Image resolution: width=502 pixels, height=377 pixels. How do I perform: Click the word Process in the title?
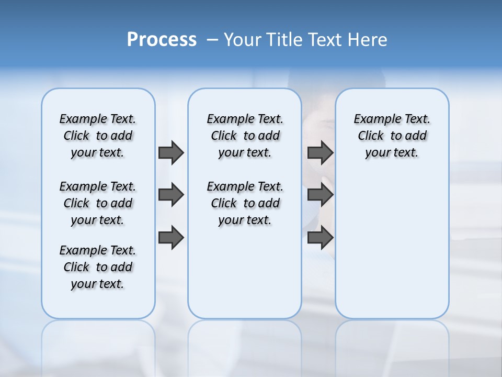pos(162,39)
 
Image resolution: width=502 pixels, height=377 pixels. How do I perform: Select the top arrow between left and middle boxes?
pos(171,152)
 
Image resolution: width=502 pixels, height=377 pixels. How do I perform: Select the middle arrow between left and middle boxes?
pos(171,195)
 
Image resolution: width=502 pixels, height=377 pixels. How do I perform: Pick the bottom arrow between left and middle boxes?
pos(171,237)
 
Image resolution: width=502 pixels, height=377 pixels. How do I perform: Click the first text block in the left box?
pos(98,136)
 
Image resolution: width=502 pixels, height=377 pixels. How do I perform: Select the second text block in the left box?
pos(98,203)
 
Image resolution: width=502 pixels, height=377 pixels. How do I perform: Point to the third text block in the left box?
pos(98,267)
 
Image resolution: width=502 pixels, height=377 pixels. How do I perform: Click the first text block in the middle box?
pos(245,136)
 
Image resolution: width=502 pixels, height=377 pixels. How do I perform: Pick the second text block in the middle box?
pos(245,203)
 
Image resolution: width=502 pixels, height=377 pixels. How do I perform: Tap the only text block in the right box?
pos(392,136)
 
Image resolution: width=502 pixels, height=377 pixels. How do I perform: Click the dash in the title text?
pos(212,40)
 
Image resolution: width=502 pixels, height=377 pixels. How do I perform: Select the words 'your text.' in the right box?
pos(392,152)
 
